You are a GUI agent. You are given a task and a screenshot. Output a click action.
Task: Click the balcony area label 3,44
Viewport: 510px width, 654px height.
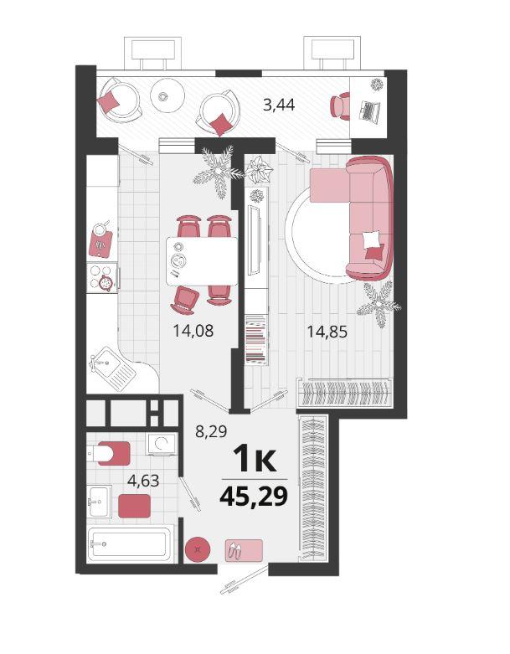coord(279,105)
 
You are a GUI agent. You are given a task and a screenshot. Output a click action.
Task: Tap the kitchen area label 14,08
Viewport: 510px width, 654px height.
coord(193,331)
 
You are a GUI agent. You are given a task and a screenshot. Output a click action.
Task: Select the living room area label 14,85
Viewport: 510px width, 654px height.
coord(327,332)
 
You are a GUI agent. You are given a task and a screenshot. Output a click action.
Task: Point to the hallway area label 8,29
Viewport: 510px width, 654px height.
coord(211,431)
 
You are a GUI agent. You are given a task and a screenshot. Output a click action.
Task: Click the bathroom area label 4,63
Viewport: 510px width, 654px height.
coord(143,481)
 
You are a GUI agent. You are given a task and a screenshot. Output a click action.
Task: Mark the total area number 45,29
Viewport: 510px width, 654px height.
coord(254,496)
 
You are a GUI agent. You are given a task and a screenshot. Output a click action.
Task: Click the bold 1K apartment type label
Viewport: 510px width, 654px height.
coord(254,459)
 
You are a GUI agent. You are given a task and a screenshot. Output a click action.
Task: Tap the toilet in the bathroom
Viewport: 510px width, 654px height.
coord(108,453)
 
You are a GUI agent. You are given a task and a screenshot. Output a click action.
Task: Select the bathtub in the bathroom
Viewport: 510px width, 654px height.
coord(130,544)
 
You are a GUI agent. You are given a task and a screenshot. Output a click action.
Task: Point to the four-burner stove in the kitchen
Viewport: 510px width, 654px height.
coord(102,276)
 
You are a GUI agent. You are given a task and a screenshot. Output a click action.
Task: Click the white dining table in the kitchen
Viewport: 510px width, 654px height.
coord(202,261)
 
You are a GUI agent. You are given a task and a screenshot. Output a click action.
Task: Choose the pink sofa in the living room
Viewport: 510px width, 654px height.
coord(369,218)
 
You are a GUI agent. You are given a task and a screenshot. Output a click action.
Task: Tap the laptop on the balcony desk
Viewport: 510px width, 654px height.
coord(369,111)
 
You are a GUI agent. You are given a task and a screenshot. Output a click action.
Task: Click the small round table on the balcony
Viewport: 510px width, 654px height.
coord(167,95)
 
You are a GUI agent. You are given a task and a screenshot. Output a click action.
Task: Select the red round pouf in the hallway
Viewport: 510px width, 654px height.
coord(198,549)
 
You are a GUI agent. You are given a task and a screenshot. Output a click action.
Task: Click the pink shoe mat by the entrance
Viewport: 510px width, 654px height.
coord(244,550)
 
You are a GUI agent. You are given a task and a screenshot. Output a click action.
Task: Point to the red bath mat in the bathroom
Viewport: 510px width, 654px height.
coord(134,506)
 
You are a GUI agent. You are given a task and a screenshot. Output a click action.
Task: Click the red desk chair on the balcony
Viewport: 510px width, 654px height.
coord(341,106)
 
